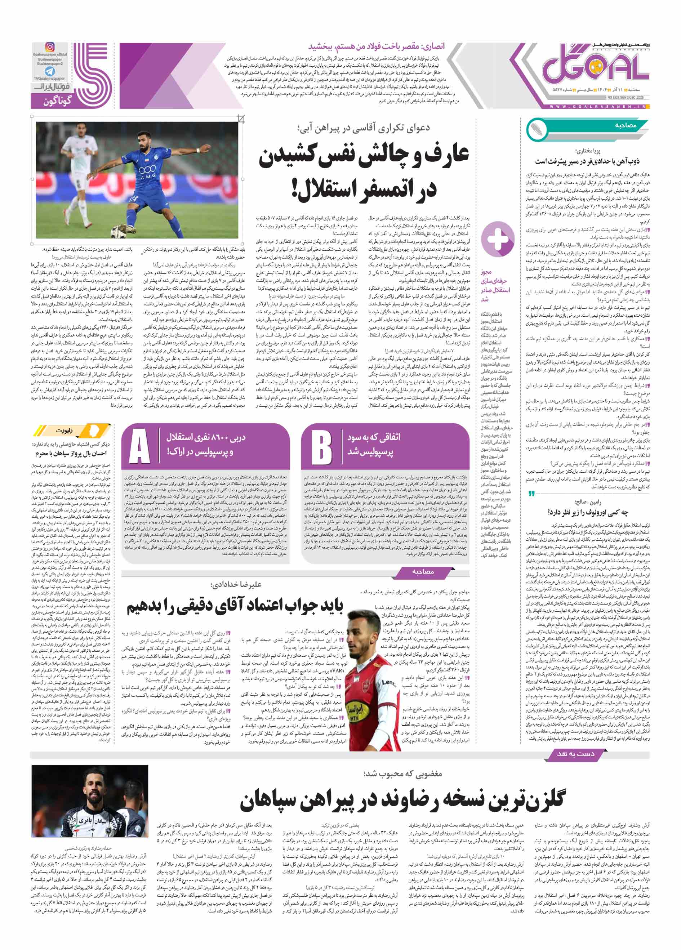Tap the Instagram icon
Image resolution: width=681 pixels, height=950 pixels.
50,47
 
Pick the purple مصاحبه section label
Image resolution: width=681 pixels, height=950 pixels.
423,571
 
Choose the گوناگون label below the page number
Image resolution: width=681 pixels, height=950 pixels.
58,101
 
